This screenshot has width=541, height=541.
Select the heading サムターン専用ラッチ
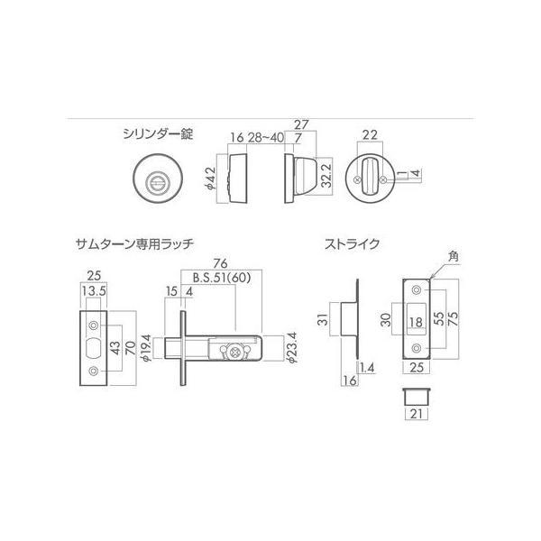click(134, 243)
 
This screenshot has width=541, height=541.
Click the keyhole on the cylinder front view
click(156, 180)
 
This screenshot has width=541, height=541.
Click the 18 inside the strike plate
click(417, 322)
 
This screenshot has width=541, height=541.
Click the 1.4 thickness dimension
click(363, 370)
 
